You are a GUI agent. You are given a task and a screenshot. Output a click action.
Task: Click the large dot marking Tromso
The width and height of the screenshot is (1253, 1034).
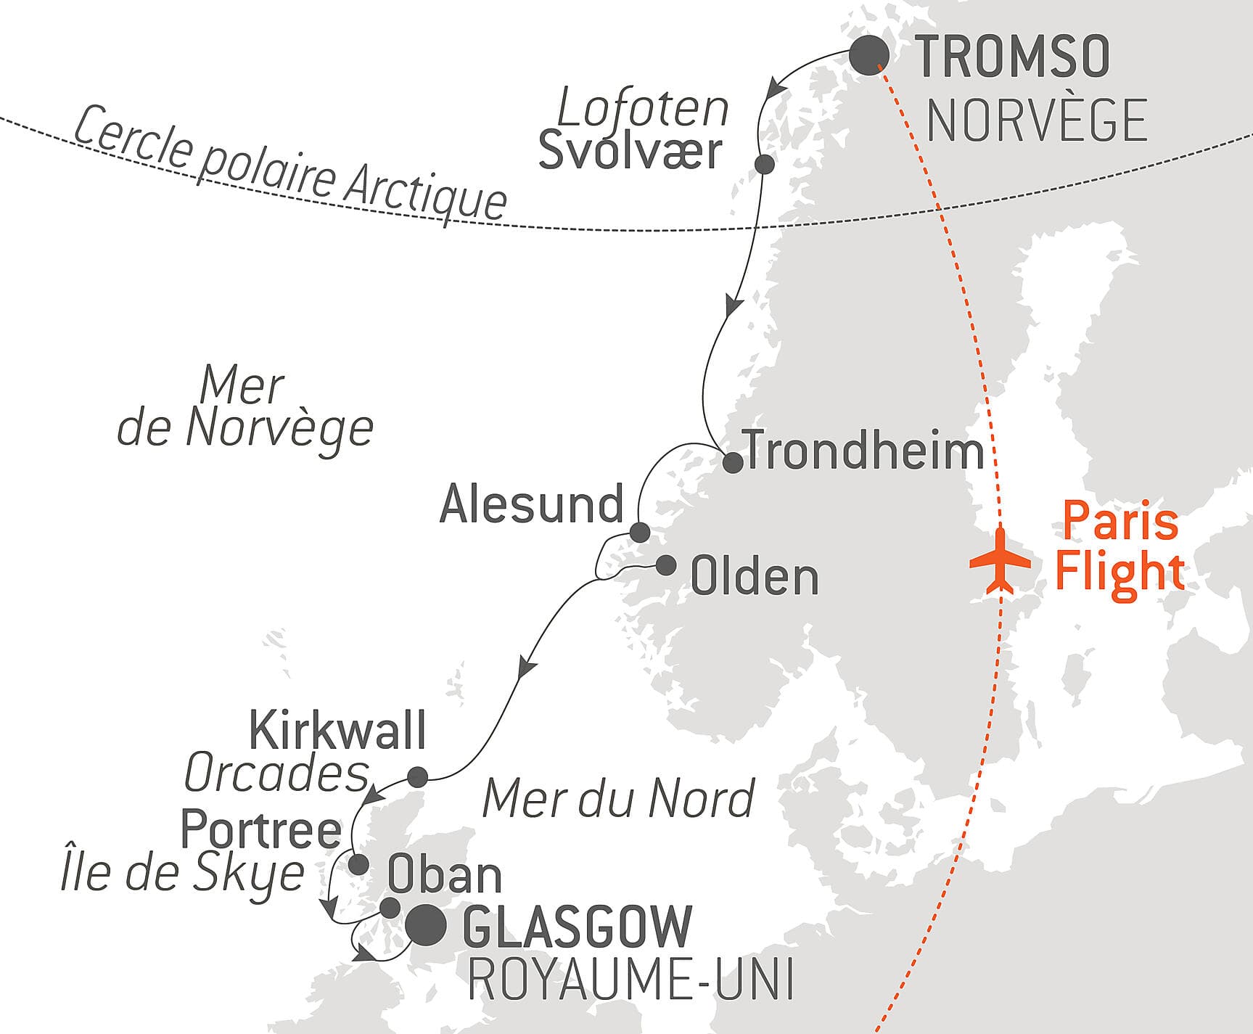868,54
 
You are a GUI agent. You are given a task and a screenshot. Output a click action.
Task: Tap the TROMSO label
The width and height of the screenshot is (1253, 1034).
1012,57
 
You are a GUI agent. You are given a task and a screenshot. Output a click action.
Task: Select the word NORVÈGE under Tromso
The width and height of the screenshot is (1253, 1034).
1037,120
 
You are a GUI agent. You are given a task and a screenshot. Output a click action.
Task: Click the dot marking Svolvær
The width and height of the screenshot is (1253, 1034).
764,164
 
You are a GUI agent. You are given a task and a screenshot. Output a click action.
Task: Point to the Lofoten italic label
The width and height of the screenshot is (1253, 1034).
643,109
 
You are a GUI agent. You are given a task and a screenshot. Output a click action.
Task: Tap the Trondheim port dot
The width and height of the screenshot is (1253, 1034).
733,462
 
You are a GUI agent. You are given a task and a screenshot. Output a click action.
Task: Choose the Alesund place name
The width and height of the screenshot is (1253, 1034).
531,504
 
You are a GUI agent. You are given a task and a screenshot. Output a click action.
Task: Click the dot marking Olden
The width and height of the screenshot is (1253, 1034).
665,565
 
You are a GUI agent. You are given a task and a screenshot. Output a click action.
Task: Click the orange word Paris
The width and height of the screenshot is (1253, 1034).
1120,521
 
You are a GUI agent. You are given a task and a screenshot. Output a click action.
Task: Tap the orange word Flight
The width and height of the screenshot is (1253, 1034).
1119,571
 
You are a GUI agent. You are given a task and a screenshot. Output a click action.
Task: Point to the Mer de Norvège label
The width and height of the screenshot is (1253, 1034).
245,406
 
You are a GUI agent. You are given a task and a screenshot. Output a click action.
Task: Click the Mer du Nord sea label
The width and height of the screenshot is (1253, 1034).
618,798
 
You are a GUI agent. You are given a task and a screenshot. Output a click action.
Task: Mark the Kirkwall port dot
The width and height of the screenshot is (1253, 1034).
417,777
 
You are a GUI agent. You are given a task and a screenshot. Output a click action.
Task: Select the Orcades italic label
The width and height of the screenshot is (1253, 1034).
276,774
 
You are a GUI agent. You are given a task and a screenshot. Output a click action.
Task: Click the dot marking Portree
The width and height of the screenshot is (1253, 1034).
358,864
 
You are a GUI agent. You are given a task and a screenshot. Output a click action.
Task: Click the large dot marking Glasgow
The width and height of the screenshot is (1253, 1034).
425,926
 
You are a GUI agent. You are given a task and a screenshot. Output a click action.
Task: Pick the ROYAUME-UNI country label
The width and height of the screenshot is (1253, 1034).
630,980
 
